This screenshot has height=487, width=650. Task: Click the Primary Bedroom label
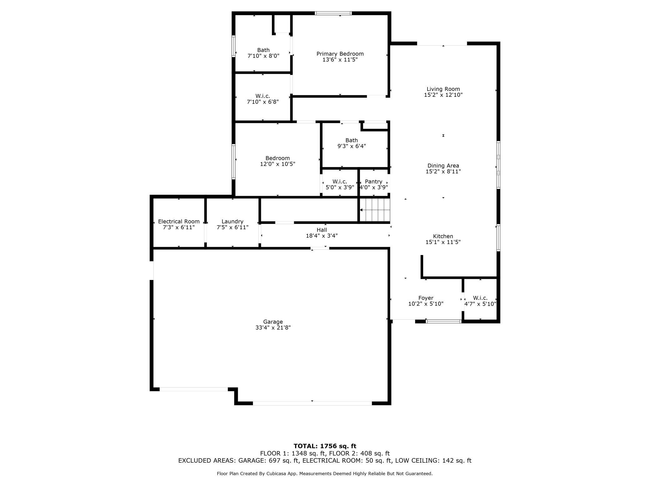click(340, 54)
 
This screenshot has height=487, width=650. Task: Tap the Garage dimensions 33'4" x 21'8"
click(273, 327)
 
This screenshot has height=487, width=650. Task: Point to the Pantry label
click(373, 181)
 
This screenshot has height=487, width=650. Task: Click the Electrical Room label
click(179, 221)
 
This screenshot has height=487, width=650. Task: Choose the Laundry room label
click(232, 221)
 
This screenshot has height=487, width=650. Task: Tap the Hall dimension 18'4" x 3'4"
click(322, 236)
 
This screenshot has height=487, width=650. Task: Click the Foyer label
click(426, 298)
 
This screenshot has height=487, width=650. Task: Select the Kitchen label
click(443, 236)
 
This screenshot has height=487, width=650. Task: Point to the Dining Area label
click(443, 165)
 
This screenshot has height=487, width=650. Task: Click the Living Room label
click(443, 89)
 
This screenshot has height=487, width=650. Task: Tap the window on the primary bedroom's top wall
click(333, 13)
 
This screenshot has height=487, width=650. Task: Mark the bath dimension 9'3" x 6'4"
click(352, 146)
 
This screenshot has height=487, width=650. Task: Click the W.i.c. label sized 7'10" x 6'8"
click(262, 96)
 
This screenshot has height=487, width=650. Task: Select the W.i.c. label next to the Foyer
click(480, 298)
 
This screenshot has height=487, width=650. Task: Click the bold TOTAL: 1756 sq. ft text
click(325, 446)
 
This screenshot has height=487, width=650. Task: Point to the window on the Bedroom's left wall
click(233, 161)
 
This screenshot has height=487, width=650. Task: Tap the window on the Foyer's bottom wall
click(443, 321)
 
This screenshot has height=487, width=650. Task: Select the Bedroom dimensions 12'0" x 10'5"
click(277, 164)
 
